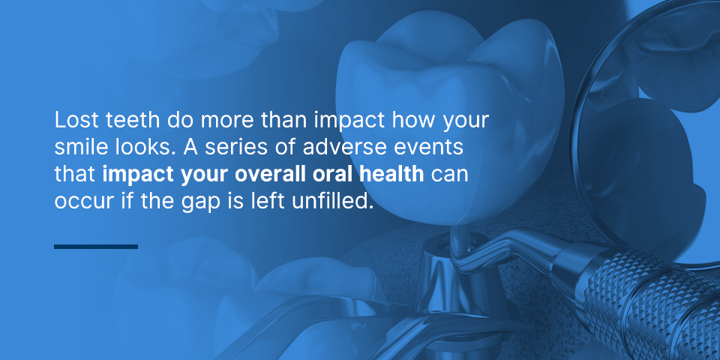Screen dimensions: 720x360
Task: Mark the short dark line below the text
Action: [x=96, y=247]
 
